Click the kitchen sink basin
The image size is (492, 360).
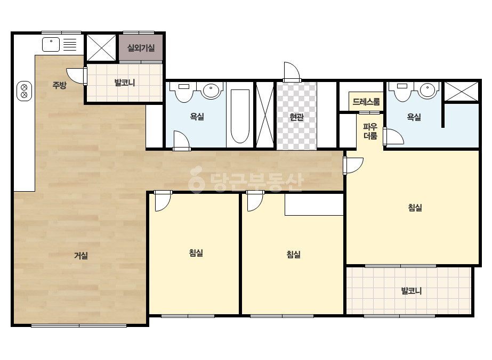pyautogui.click(x=51, y=44)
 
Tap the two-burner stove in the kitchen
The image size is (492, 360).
pyautogui.click(x=24, y=91)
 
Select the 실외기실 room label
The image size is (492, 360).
pyautogui.click(x=141, y=48)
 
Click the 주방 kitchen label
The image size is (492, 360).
pyautogui.click(x=59, y=85)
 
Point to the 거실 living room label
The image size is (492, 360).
pyautogui.click(x=80, y=256)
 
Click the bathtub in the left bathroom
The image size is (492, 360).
pyautogui.click(x=240, y=116)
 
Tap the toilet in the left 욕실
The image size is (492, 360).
pyautogui.click(x=184, y=92)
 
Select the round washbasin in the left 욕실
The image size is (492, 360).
pyautogui.click(x=211, y=91)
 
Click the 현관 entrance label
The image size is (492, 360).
pyautogui.click(x=296, y=117)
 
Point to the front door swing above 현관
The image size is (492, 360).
pyautogui.click(x=292, y=72)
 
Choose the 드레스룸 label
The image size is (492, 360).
pyautogui.click(x=366, y=102)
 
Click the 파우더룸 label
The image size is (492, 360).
pyautogui.click(x=370, y=131)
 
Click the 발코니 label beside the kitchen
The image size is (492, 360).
pyautogui.click(x=125, y=83)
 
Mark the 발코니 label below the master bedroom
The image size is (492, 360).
pyautogui.click(x=412, y=291)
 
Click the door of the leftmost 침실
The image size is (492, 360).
pyautogui.click(x=163, y=201)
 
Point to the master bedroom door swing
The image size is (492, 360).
pyautogui.click(x=353, y=165)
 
